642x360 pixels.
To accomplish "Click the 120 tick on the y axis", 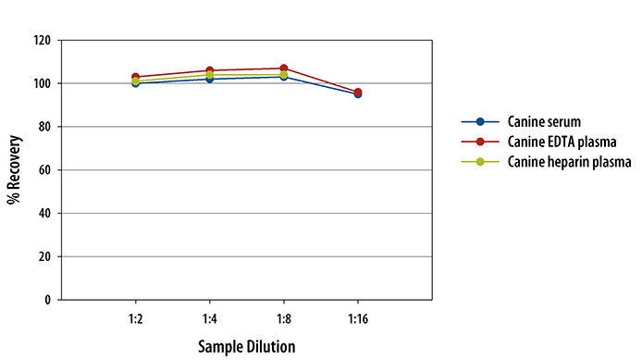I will pos(42,41).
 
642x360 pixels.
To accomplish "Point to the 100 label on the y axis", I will pos(42,83).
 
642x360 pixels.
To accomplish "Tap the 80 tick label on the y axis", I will pos(44,127).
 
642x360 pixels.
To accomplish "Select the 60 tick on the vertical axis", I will pos(44,170).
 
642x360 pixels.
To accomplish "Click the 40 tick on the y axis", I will pos(44,213).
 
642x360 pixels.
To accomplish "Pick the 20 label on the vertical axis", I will pos(44,256).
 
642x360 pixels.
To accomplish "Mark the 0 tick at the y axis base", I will pos(47,300).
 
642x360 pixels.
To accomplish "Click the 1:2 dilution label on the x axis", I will pos(136,317).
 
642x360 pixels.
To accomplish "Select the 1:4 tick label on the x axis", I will pos(210,317).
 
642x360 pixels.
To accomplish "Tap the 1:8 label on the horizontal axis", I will pos(284,317).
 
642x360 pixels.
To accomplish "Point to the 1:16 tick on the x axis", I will pos(357,317).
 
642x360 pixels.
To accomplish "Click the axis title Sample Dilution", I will pos(246,347).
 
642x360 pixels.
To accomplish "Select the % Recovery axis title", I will pos(14,170).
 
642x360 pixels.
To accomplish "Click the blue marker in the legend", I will pos(480,122).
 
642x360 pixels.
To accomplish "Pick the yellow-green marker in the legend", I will pos(480,161).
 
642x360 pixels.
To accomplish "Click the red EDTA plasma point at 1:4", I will pos(210,70).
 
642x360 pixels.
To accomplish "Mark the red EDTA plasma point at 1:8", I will pos(284,68).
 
